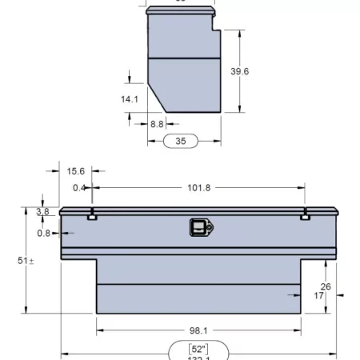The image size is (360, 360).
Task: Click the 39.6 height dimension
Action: [240, 72]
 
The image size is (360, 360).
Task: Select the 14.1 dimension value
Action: [130, 100]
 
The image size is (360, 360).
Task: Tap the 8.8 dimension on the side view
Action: [157, 124]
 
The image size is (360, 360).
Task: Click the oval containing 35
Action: [180, 141]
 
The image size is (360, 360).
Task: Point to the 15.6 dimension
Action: [76, 171]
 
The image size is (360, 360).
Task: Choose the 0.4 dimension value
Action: [79, 188]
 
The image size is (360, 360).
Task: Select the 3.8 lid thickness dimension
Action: [42, 211]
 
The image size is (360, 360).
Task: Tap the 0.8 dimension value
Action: [45, 233]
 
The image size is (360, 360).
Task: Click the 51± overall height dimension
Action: [26, 261]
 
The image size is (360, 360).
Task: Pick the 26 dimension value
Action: [326, 286]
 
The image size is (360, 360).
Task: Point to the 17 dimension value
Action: [319, 296]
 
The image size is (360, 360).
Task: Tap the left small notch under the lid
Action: [93, 216]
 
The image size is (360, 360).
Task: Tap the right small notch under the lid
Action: [305, 216]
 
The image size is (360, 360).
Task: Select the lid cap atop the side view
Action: [181, 11]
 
